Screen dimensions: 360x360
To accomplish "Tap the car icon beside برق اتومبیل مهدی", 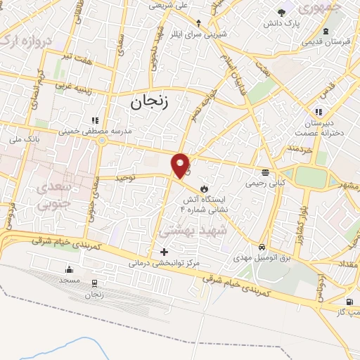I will (262, 247).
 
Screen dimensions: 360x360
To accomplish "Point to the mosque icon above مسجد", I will (70, 269).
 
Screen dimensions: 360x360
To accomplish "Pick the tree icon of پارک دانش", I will (283, 13).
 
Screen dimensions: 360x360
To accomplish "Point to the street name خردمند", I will (301, 148).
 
